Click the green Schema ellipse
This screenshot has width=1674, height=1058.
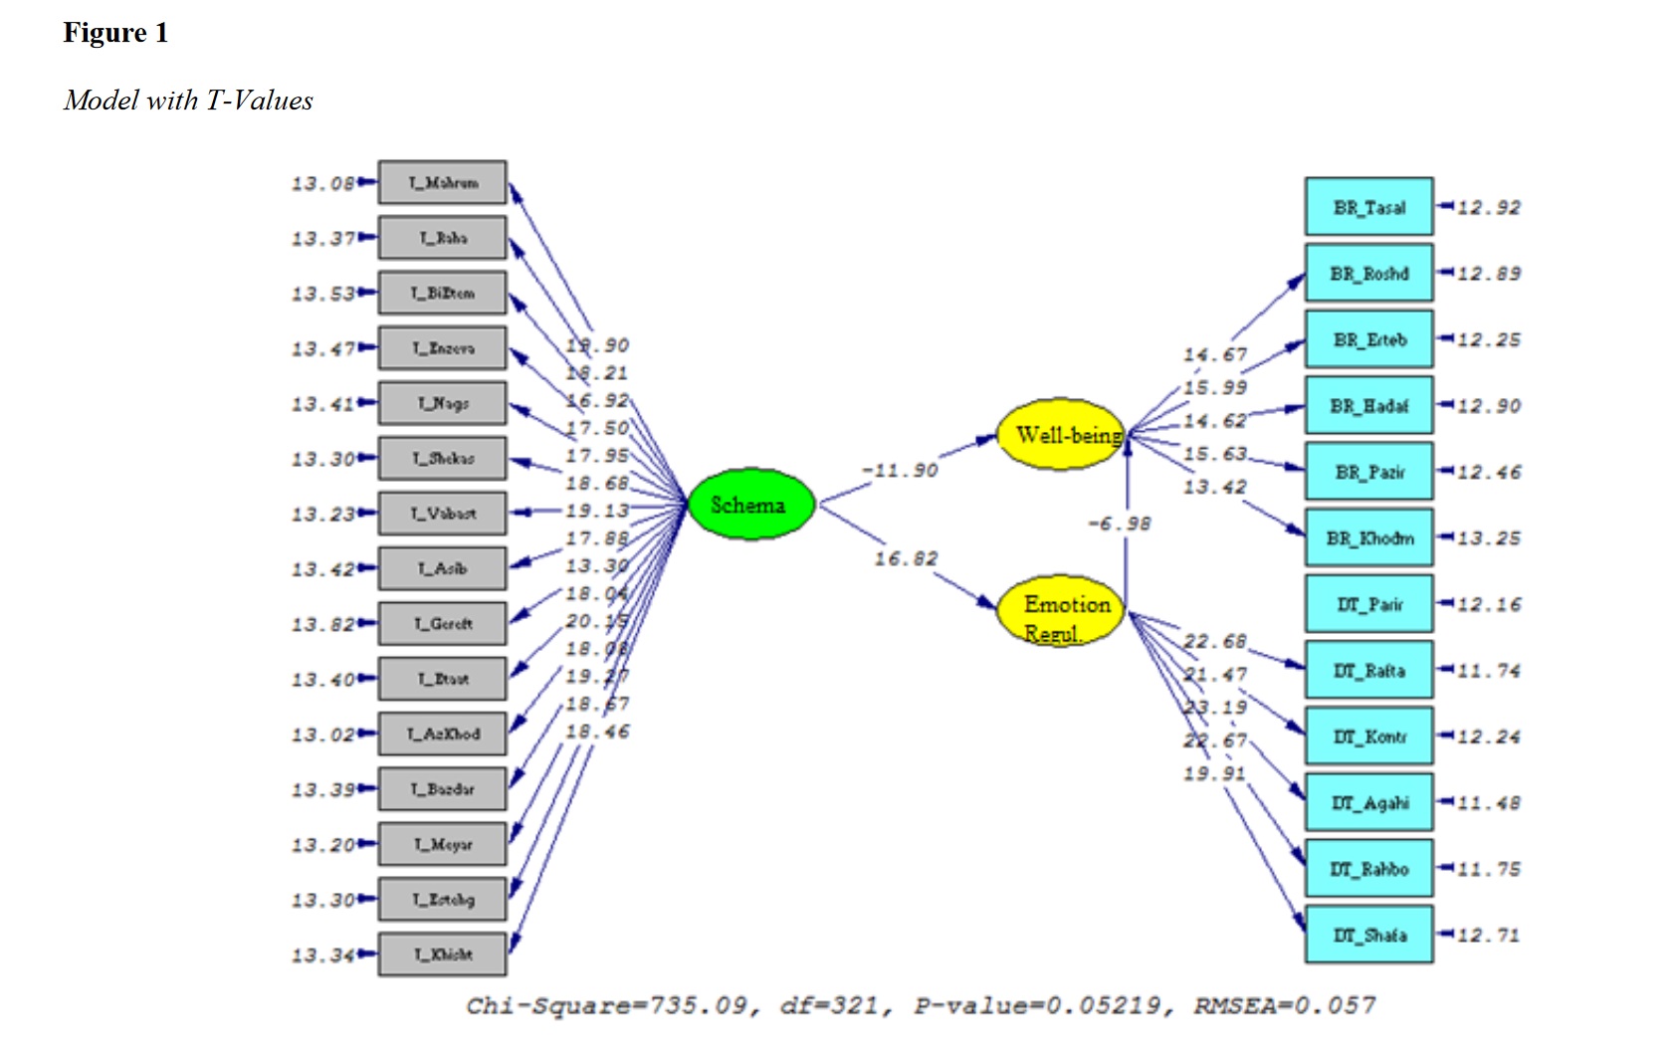[750, 505]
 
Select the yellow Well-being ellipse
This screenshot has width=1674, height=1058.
[1061, 435]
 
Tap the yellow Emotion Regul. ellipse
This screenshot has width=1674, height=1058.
[1061, 610]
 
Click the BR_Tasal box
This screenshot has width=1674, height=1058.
[1368, 207]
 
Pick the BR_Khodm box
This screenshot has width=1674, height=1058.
[1368, 538]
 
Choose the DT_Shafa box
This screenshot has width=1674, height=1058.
[1368, 935]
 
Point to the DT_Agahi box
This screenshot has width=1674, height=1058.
[1368, 802]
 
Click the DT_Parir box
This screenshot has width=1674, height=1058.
[1368, 604]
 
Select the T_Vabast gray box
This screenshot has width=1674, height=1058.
[442, 514]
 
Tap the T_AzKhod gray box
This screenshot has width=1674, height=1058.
[442, 734]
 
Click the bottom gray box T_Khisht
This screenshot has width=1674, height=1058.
[442, 954]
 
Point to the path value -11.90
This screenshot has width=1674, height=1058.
[900, 470]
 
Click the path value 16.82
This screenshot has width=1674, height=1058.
[906, 558]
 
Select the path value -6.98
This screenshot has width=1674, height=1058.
[1119, 523]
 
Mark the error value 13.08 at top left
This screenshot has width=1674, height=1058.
[322, 183]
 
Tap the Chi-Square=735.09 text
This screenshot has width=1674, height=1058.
[606, 1006]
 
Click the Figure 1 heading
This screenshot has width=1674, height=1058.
[115, 33]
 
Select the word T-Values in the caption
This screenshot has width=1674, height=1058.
[260, 101]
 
